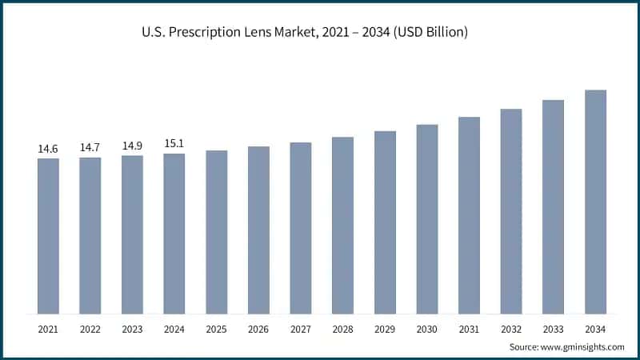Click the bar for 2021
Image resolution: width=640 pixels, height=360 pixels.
(48, 236)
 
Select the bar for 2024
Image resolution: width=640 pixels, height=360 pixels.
(174, 234)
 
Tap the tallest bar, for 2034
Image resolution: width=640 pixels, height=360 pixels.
(595, 202)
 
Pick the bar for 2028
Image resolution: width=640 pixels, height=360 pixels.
(342, 225)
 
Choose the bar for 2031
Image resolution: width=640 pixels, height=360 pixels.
(469, 215)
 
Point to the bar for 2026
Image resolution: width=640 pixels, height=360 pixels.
(258, 230)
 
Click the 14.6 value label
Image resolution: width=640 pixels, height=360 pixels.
(48, 149)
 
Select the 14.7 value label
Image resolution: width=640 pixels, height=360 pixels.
(90, 148)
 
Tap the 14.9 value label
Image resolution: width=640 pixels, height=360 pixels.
(132, 146)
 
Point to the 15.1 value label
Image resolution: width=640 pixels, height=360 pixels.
(174, 144)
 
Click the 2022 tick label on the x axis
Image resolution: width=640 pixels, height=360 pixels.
(90, 329)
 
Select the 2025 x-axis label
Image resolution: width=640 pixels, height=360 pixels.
(217, 329)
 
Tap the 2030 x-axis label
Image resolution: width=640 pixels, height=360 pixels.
(427, 329)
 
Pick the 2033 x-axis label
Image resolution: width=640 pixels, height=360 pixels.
(553, 329)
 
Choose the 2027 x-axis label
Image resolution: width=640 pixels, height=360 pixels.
(301, 329)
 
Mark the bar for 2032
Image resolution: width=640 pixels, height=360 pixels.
(511, 211)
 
